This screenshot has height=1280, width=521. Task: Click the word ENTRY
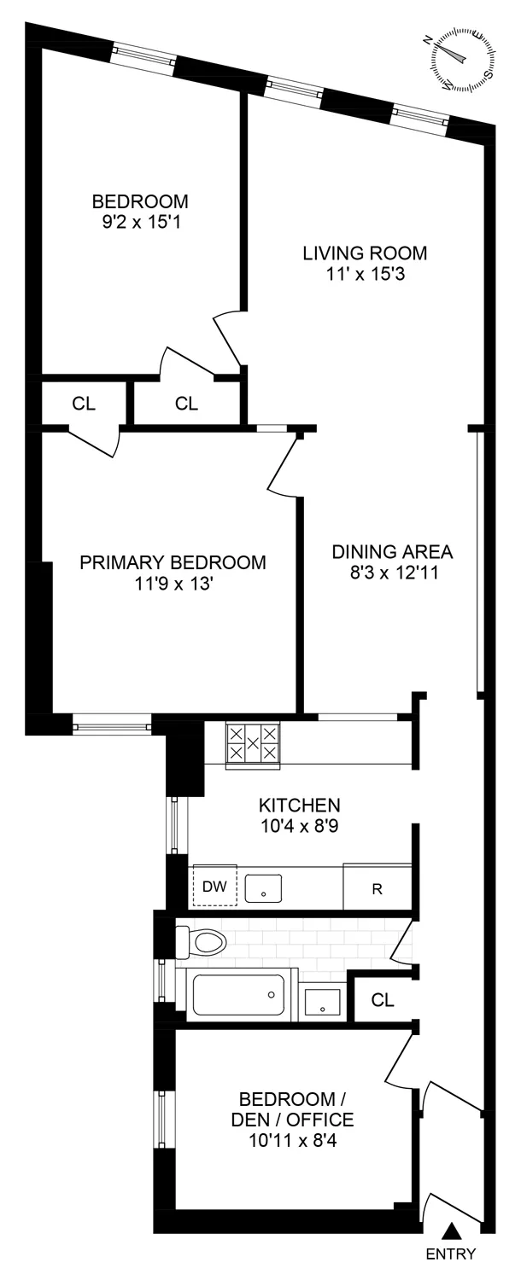[x=450, y=1254]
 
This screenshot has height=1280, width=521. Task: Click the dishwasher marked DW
[x=214, y=887]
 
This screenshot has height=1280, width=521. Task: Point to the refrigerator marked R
[x=377, y=888]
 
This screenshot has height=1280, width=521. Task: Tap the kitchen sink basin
[x=264, y=888]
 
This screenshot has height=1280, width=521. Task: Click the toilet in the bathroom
[x=202, y=942]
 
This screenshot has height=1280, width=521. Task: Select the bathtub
[x=238, y=995]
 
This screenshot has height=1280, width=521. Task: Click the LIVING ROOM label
[x=365, y=253]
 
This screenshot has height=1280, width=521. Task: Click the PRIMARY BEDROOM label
[x=173, y=563]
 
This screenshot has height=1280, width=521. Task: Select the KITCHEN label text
[x=300, y=805]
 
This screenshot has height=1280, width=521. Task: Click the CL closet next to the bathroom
[x=383, y=1000]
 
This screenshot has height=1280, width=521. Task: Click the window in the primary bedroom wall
[x=112, y=727]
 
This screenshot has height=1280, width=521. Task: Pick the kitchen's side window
[x=173, y=826]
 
